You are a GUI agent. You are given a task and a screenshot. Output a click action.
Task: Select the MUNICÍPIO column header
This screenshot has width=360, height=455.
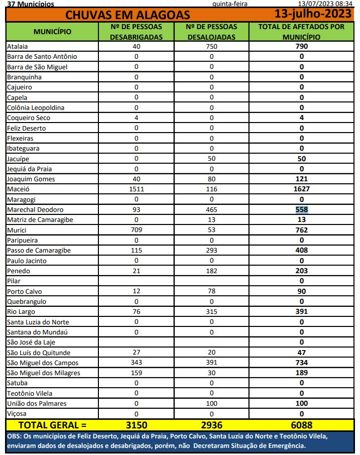tap(52, 32)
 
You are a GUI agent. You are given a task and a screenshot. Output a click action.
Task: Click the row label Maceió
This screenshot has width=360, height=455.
tap(19, 189)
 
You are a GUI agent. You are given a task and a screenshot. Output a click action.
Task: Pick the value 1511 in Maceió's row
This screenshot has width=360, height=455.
tap(136, 189)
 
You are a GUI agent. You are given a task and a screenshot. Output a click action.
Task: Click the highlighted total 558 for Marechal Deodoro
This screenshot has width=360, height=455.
tap(301, 209)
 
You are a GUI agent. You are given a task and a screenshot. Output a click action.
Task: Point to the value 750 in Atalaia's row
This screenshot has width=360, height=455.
tap(211, 47)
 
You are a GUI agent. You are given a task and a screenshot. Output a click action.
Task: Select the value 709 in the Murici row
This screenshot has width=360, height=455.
tap(136, 230)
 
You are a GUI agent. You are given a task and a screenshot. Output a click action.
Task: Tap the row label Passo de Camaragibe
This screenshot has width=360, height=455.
tap(39, 251)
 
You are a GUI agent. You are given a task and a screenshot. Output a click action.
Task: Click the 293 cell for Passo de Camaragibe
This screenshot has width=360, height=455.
tap(211, 251)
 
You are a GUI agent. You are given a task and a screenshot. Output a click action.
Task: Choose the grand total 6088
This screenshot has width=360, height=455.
tap(301, 425)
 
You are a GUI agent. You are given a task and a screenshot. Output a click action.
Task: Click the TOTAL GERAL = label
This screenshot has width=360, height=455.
tap(52, 425)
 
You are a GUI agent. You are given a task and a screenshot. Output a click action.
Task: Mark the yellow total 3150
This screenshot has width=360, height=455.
tap(136, 425)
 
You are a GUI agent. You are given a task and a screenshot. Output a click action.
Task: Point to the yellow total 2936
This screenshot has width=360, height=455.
tap(211, 425)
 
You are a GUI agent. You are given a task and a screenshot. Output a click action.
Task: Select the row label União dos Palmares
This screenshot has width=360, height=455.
tap(37, 404)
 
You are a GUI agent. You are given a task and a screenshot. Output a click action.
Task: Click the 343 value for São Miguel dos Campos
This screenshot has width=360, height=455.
tap(136, 363)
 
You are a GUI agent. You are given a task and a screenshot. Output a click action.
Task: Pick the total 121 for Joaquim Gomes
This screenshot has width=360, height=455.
tap(301, 179)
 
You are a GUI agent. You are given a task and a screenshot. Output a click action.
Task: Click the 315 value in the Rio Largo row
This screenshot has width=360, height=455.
tap(211, 312)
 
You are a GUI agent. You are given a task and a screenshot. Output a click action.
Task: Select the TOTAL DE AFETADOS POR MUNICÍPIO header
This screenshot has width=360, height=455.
tap(301, 32)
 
